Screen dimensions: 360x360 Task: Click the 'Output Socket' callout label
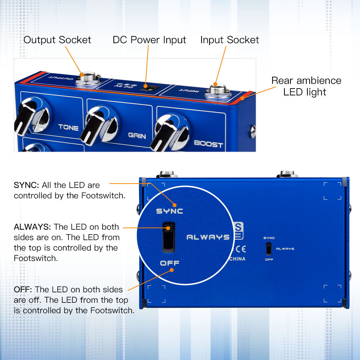pos(57,40)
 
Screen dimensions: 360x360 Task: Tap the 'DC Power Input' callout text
pos(149,40)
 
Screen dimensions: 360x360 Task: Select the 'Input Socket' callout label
pos(229,40)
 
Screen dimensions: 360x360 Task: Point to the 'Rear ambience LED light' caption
pos(306,86)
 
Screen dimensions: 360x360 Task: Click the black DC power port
pos(146,86)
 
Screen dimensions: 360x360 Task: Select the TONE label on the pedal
pos(68,127)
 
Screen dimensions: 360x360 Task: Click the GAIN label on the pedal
pos(137,136)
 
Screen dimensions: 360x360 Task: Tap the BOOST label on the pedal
pos(208,144)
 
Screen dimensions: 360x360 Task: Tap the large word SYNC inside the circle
pos(170,211)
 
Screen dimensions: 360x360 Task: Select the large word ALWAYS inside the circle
pos(208,237)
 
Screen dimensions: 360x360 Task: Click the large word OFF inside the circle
pos(170,263)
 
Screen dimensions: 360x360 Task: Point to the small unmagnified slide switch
pos(269,248)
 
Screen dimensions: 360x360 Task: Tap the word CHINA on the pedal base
pos(237,259)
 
